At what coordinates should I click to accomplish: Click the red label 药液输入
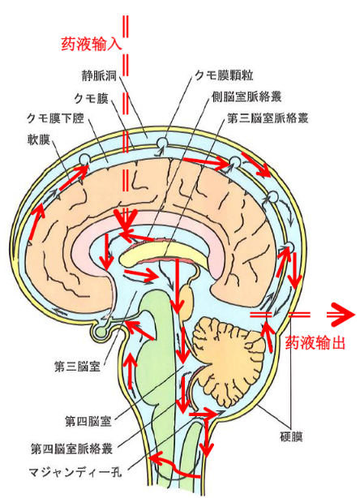92,44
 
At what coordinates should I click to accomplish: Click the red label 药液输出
315,342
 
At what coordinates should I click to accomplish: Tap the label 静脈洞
100,76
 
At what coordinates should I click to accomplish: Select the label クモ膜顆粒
224,75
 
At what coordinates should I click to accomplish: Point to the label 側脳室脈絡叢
247,97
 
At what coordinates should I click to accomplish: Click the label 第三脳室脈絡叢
268,118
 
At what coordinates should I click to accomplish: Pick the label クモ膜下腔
56,118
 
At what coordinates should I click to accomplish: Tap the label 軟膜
39,140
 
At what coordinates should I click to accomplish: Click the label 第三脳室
78,367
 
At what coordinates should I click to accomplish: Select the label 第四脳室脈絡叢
71,449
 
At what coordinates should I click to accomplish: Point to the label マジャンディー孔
75,472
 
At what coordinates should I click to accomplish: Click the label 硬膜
291,437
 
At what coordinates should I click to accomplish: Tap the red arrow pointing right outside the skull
341,315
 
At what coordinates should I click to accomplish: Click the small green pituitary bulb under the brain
101,332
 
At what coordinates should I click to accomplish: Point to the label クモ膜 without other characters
91,98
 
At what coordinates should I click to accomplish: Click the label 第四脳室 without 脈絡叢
88,422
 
